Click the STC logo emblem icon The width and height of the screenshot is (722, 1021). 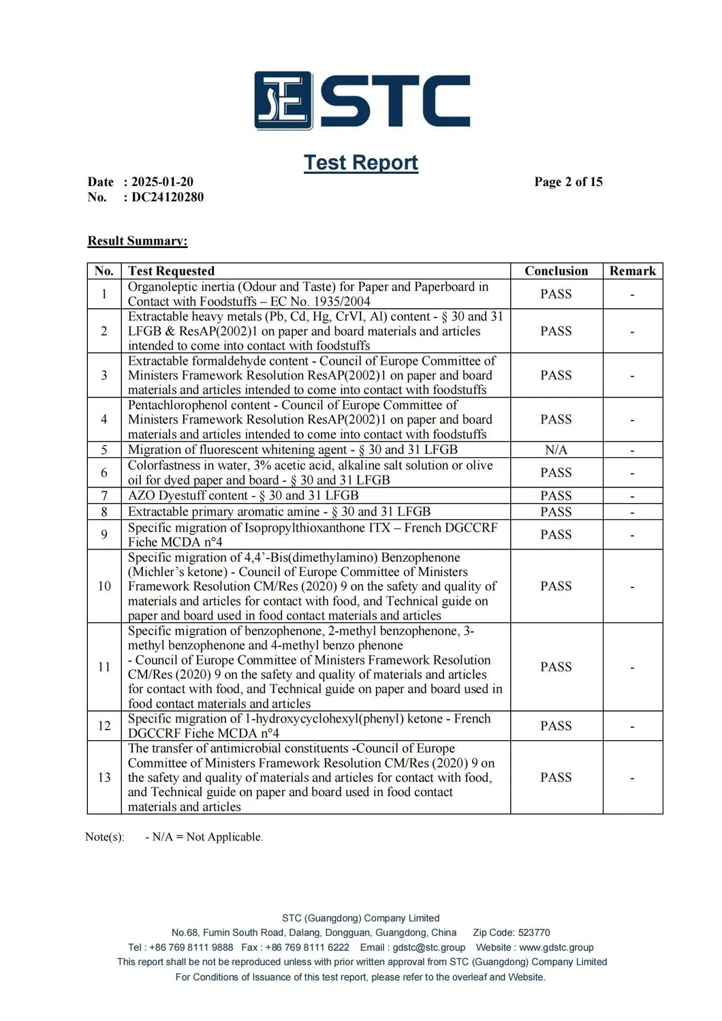pos(283,100)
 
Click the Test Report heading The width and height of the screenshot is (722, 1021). pos(360,162)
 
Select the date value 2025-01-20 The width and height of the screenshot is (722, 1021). pos(162,182)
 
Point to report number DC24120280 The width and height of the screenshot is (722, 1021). pos(168,197)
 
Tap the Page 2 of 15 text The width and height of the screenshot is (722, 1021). pos(568,182)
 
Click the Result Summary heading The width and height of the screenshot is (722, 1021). pos(138,241)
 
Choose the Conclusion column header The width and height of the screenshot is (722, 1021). pos(556,271)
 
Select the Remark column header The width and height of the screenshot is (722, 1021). pos(632,271)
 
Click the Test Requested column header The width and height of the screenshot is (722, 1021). pos(171,271)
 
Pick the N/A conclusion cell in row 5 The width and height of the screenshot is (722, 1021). pos(556,450)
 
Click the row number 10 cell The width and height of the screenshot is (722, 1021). pos(104,586)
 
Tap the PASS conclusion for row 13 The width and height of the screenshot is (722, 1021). pos(556,778)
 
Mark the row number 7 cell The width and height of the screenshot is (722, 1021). pos(104,496)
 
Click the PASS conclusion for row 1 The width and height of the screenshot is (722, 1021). pos(556,294)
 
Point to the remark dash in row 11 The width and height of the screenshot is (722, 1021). pos(632,667)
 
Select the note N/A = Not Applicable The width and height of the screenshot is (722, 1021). pos(204,837)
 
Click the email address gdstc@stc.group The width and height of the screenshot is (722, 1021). pos(429,947)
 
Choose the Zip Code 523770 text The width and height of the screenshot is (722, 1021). pos(512,932)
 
